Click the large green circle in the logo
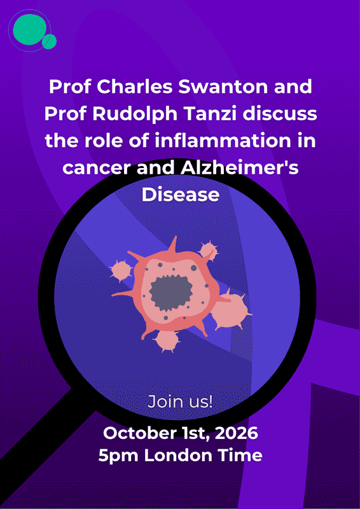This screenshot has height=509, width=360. coord(29,29)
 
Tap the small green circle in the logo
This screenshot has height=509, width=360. coord(50,41)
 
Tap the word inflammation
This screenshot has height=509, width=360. coord(227,141)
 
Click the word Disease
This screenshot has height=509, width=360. coord(181,195)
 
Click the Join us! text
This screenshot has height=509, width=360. coord(180,402)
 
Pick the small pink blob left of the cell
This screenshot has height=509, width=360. coord(121,270)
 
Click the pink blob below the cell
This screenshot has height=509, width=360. coord(167,340)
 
